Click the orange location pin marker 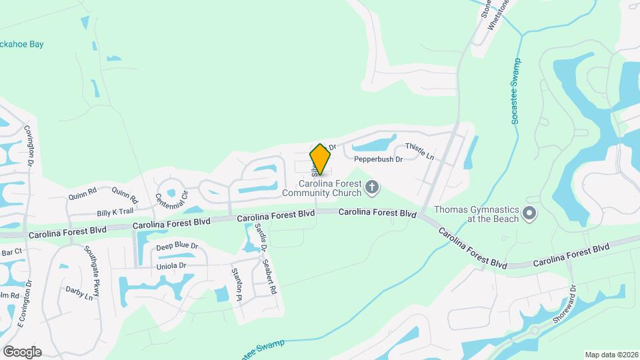click(x=321, y=159)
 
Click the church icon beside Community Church click(x=373, y=189)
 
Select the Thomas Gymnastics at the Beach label click(x=476, y=213)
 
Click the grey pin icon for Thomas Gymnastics click(x=530, y=214)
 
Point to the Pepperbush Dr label click(x=378, y=159)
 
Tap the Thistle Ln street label click(x=419, y=153)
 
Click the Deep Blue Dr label click(x=177, y=247)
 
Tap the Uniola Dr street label click(x=171, y=265)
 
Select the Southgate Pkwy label click(x=92, y=266)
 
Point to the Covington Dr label click(x=29, y=145)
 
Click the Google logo click(x=22, y=352)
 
